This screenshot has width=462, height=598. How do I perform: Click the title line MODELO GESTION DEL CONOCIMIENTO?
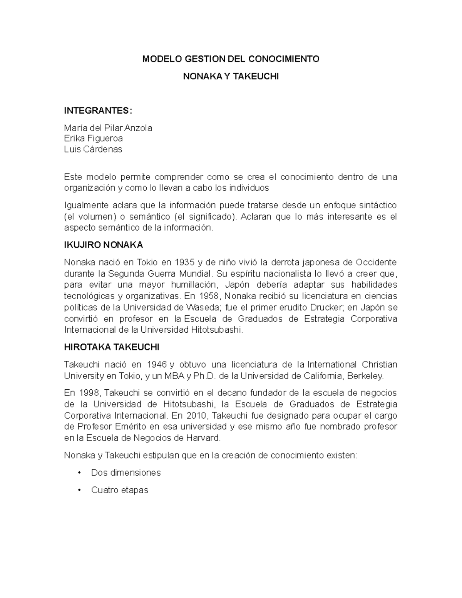pyautogui.click(x=231, y=59)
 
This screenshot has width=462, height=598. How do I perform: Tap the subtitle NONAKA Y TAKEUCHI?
pyautogui.click(x=231, y=77)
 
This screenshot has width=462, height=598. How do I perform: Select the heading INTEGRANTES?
pyautogui.click(x=98, y=111)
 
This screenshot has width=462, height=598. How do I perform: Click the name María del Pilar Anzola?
pyautogui.click(x=108, y=128)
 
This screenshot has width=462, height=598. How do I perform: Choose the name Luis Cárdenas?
pyautogui.click(x=93, y=149)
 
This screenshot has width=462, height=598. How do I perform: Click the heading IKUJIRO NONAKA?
pyautogui.click(x=103, y=245)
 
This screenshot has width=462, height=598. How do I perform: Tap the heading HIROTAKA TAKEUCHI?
pyautogui.click(x=111, y=347)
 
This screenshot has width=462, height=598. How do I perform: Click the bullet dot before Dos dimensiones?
pyautogui.click(x=79, y=473)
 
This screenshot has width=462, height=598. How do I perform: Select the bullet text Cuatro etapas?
pyautogui.click(x=120, y=490)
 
